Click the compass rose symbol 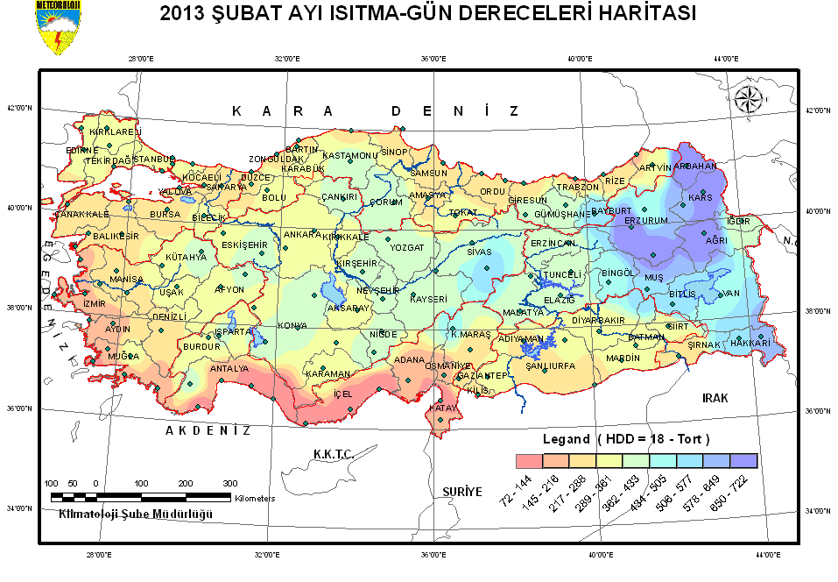[x=749, y=99]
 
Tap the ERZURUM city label [x=645, y=221]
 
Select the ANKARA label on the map [x=302, y=235]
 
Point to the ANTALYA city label [x=229, y=369]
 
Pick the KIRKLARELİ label [x=115, y=132]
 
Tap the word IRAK [x=715, y=398]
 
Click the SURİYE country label [x=461, y=492]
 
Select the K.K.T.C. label [x=333, y=453]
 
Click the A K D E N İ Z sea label [x=208, y=430]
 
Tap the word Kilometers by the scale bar [x=255, y=498]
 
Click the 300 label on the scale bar [x=229, y=484]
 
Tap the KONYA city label [x=292, y=326]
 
